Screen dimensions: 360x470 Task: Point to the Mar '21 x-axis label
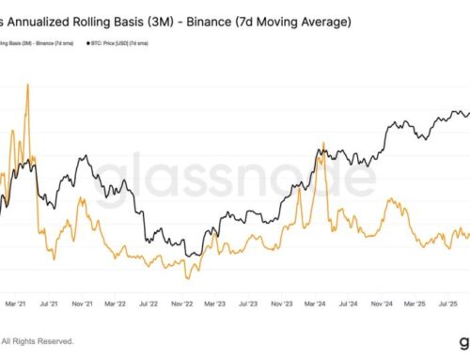click(14, 305)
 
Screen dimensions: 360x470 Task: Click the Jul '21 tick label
click(46, 305)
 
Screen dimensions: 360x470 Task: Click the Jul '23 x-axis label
click(248, 305)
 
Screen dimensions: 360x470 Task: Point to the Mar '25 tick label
click(416, 305)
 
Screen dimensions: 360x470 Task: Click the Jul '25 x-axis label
click(449, 305)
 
